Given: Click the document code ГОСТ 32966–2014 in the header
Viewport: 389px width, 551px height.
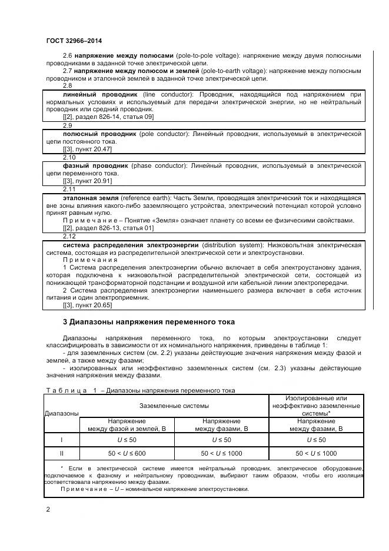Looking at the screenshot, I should coord(74,40).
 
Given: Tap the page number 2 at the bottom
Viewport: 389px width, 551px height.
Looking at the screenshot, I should coord(48,510).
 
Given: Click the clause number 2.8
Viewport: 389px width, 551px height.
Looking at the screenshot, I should coord(68,86).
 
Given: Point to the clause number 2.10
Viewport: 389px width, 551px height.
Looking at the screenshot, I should coord(69,158).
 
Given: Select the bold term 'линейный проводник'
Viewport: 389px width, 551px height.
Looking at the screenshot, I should coord(100,94).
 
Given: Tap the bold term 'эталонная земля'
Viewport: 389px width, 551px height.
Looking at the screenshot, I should coord(91,197).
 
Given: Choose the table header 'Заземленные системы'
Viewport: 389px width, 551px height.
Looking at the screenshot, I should coord(174,406).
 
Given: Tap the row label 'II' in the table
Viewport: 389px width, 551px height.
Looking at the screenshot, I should coord(62,453).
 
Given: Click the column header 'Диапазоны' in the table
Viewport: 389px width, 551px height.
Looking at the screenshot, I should coord(62,413).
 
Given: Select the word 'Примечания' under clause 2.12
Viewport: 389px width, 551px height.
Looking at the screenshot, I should coord(90,260).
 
